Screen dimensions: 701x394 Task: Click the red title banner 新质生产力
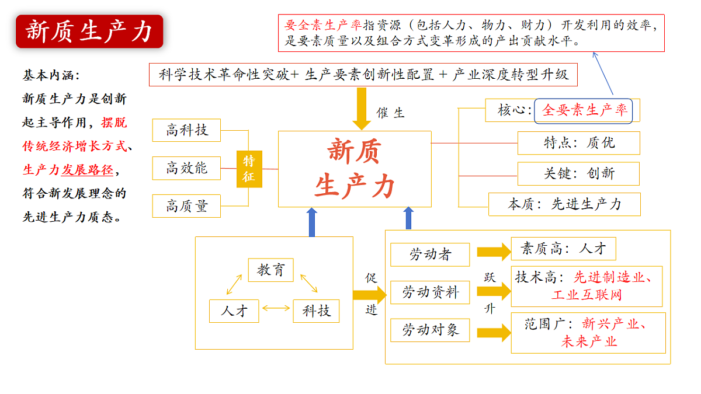(89, 32)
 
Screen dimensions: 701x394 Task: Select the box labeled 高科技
(186, 130)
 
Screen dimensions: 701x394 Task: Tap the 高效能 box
(186, 168)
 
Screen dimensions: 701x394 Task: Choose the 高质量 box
(186, 206)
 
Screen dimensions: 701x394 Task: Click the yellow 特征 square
(249, 169)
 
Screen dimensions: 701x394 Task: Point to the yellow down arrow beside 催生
(362, 109)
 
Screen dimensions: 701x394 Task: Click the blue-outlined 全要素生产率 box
(584, 111)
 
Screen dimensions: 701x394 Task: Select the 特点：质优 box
(579, 143)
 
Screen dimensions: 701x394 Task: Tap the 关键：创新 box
(579, 173)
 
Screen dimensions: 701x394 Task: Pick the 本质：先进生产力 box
(564, 204)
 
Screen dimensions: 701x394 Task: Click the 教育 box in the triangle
(270, 270)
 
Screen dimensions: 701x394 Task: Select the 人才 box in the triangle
(234, 311)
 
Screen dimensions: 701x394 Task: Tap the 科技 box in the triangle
(316, 311)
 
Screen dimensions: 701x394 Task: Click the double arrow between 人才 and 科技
(276, 308)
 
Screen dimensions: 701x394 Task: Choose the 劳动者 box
(430, 254)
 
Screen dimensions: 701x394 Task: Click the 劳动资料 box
(430, 292)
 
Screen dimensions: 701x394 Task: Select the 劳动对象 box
(430, 330)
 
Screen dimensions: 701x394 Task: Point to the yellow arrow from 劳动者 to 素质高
(494, 252)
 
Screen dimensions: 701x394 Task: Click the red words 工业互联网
(587, 295)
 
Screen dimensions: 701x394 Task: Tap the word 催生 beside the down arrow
(390, 113)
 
